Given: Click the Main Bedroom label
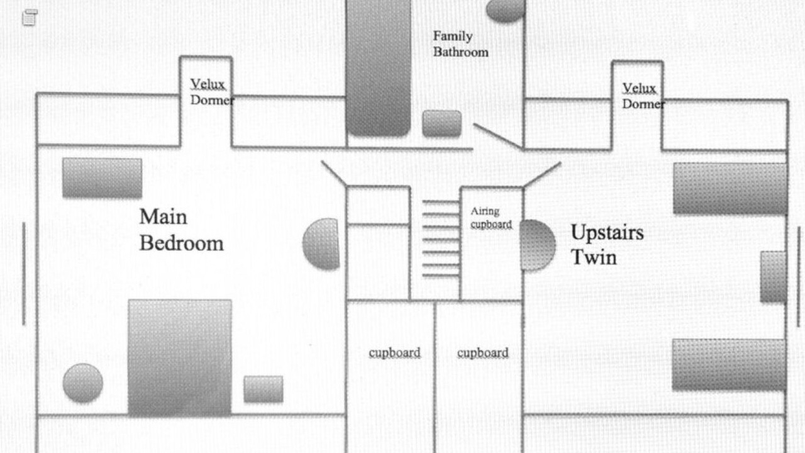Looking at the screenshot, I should [x=181, y=230].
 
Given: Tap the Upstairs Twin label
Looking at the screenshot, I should [x=607, y=245].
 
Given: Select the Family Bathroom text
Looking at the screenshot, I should [x=460, y=44].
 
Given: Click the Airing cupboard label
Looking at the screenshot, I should [x=491, y=218].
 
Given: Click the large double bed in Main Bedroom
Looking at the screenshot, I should [x=180, y=357].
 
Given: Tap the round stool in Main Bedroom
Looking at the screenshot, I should [x=83, y=383].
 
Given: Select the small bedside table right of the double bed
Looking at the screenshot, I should [x=264, y=389].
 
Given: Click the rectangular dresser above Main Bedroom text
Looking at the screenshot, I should [x=102, y=177].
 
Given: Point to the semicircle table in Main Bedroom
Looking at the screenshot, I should [x=322, y=244].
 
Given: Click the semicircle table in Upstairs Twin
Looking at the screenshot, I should [x=536, y=245].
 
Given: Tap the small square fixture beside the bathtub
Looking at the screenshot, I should [x=441, y=123].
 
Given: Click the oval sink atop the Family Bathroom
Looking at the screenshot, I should [x=506, y=9].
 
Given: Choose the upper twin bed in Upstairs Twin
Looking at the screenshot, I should [x=730, y=189].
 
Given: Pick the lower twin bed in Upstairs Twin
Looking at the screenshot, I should [x=729, y=364].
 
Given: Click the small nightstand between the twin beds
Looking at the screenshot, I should [x=773, y=277].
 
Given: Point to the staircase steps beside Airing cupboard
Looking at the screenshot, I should [x=440, y=239].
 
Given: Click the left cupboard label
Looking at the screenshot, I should [x=394, y=353].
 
